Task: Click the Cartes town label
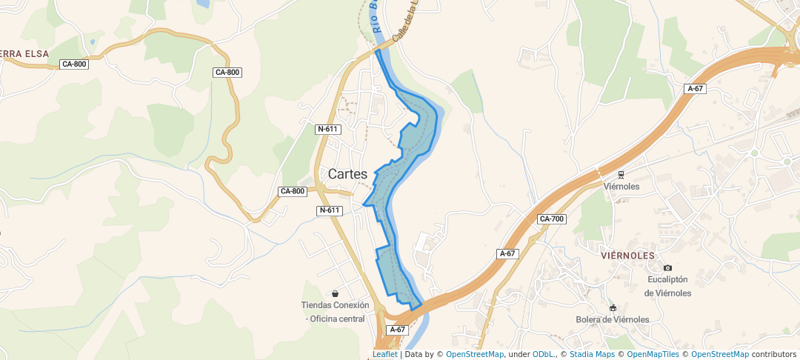(347, 174)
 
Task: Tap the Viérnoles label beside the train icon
(621, 187)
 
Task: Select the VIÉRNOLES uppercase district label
(627, 255)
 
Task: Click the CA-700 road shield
(552, 219)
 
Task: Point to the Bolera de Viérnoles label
(613, 319)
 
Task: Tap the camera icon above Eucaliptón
(667, 268)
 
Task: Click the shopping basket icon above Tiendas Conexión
(336, 293)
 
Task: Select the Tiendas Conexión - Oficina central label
(336, 312)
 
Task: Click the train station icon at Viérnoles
(621, 175)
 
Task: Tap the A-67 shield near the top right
(695, 89)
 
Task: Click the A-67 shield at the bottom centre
(398, 330)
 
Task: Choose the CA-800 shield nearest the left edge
(74, 64)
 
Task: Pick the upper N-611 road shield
(327, 129)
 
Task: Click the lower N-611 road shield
(330, 210)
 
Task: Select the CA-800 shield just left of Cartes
(293, 191)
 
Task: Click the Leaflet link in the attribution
(384, 354)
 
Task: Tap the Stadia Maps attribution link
(592, 354)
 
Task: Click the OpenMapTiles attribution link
(653, 354)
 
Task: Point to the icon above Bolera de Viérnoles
(613, 307)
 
